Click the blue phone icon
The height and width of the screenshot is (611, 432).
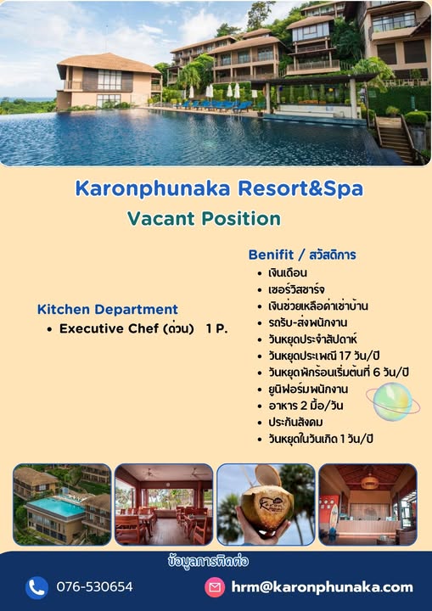36,587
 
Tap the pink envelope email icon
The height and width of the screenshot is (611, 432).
215,587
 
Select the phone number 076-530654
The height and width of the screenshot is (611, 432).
94,587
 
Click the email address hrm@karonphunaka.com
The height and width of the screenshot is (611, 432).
322,587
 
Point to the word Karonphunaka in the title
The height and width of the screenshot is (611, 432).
153,188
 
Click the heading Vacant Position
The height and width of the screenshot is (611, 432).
204,218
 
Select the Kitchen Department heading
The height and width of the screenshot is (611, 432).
108,310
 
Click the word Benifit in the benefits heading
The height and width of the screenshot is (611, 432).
271,255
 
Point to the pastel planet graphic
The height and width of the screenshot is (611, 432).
392,401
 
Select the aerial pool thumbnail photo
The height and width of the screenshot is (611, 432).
62,504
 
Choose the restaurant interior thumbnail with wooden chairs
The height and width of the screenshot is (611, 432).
164,504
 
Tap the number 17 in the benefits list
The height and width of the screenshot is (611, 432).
345,356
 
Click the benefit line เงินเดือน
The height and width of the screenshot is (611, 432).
288,272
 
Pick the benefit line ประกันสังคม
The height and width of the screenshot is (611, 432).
295,423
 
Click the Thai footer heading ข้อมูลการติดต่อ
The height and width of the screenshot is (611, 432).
208,561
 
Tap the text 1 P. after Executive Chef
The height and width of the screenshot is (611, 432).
216,328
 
